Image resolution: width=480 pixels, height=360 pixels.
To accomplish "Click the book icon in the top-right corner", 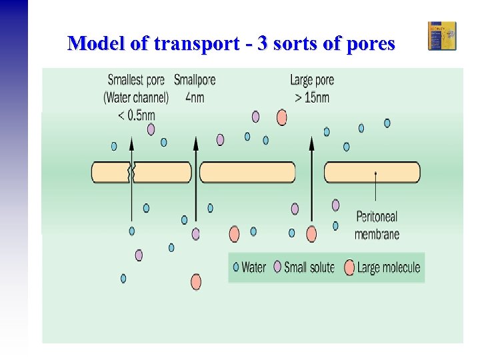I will pos(442,36).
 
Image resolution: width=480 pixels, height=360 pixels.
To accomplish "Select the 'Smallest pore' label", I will pos(137,81).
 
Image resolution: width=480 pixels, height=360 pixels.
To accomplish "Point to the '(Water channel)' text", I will pos(136,98).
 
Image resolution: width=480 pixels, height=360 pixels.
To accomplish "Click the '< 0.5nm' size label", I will pos(136,115).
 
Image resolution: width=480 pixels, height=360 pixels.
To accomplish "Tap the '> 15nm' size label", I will pos(311,98).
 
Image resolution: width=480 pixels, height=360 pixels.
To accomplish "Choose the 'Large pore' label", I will pos(312,81).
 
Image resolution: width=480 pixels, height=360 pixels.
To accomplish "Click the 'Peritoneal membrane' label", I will pos(377,225).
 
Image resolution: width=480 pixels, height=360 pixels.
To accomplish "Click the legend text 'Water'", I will pos(253,268).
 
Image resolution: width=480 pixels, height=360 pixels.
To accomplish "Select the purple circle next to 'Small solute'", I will pos(277,268).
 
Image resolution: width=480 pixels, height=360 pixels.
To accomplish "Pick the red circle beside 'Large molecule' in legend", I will pos(349,268).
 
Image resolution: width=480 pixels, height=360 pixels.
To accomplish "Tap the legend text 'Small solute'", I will pos(309,268).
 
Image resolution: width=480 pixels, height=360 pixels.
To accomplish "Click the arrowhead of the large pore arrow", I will pos(311,141).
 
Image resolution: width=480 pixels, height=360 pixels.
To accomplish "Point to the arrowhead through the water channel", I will pos(131,141).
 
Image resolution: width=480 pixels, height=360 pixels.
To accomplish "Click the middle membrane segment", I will pos(247,173).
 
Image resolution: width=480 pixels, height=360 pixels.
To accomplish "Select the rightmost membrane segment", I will pos(372,173).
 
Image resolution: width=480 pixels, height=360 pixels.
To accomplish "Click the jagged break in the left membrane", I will pos(131,173).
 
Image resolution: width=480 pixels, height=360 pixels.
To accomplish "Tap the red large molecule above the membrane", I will pos(282,118).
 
